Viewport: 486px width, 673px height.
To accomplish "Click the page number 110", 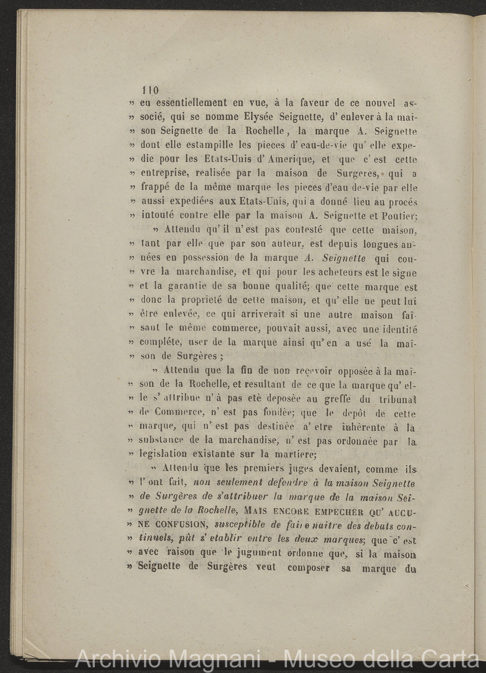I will (150, 90).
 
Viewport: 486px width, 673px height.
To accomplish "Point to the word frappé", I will (153, 188).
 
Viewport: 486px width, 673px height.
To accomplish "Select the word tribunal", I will (392, 398).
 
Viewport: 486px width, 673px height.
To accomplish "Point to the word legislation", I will (165, 454).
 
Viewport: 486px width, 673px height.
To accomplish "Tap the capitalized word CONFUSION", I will (176, 524).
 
